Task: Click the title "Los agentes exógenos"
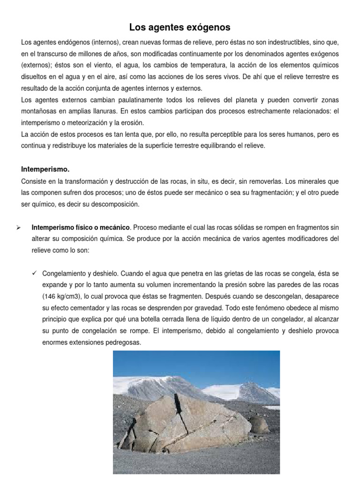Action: pyautogui.click(x=180, y=27)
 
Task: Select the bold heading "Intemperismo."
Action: pyautogui.click(x=45, y=169)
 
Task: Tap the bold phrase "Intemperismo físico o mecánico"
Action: pyautogui.click(x=81, y=227)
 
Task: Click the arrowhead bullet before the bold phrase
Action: pyautogui.click(x=18, y=227)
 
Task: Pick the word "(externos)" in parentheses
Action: pyautogui.click(x=37, y=65)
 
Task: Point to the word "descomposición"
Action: pyautogui.click(x=115, y=204)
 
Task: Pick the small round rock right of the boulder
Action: pyautogui.click(x=258, y=424)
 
